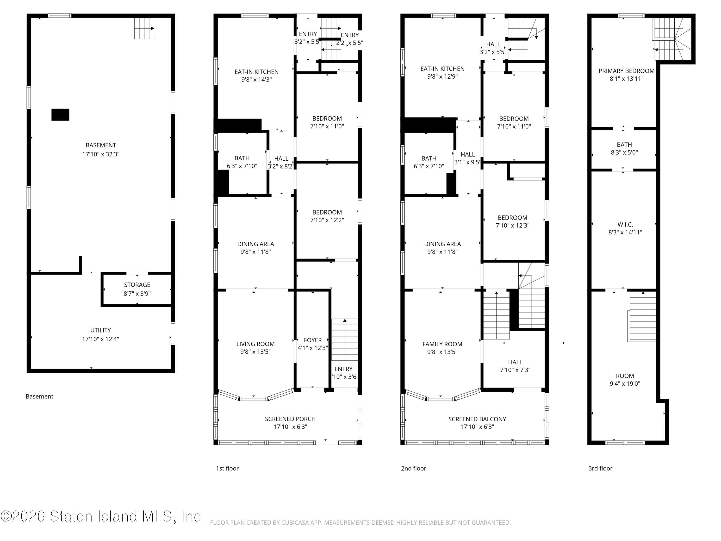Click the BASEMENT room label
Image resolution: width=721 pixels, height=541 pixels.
101,145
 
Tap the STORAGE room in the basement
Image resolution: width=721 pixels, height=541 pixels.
137,289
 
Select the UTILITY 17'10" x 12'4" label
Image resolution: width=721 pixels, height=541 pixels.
100,335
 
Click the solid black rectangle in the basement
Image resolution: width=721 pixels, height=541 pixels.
60,115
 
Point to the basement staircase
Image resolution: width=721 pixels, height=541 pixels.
144,28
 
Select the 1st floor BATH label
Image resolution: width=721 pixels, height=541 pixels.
242,158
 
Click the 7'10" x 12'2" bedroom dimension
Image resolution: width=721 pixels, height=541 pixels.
327,220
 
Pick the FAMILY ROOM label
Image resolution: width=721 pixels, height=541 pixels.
442,344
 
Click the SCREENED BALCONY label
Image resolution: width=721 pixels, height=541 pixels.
477,419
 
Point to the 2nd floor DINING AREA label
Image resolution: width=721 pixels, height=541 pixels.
442,244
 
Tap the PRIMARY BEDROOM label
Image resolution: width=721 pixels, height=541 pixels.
627,71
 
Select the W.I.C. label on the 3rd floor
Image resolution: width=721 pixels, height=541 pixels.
625,225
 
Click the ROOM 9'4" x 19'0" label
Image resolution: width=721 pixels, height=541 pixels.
625,380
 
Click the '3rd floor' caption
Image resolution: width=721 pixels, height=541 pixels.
600,468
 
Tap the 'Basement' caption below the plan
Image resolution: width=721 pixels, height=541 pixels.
39,396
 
